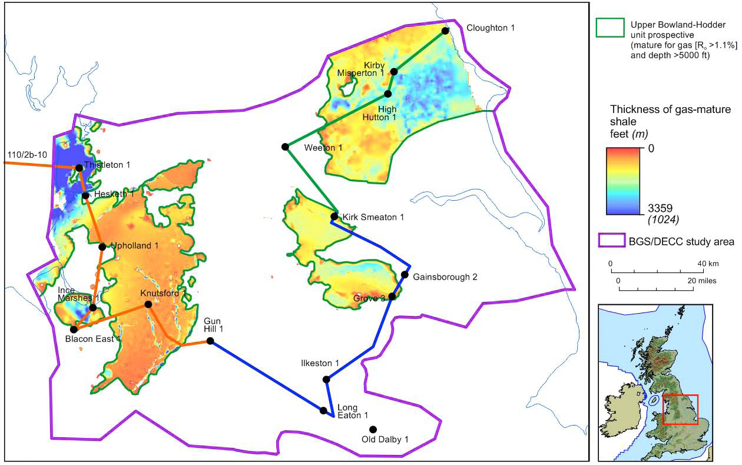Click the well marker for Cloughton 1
(445, 30)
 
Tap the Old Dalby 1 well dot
(372, 429)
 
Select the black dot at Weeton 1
(285, 147)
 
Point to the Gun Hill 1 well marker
(210, 341)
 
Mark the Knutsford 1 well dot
(148, 304)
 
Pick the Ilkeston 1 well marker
(327, 379)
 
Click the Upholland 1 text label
(135, 246)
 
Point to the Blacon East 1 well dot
(74, 330)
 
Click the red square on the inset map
(680, 409)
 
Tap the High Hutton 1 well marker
(388, 94)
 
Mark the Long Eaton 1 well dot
(323, 410)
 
